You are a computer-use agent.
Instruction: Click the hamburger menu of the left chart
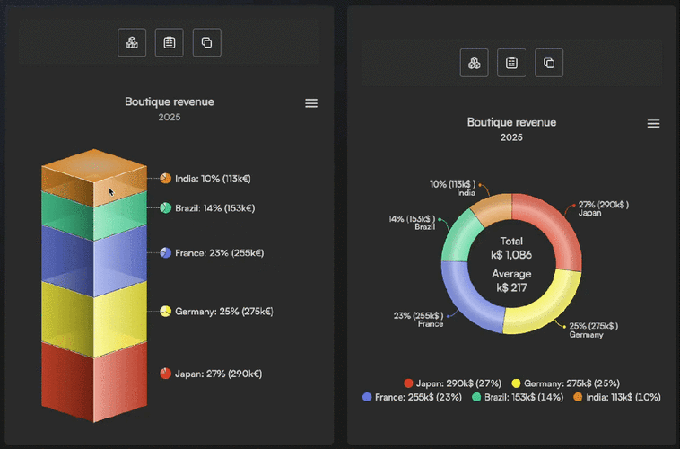coord(311,103)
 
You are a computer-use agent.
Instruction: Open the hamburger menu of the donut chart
coord(653,123)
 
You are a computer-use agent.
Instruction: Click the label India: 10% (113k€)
coord(213,179)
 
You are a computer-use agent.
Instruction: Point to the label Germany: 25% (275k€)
coord(223,312)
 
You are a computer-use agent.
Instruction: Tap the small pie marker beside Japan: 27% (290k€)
coord(165,374)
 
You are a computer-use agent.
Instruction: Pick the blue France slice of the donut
coord(463,292)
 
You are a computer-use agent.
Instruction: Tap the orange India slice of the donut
coord(491,207)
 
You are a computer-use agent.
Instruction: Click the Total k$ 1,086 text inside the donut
coord(511,248)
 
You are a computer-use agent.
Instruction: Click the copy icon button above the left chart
coord(206,42)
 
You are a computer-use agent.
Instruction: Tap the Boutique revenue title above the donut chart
coord(511,122)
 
